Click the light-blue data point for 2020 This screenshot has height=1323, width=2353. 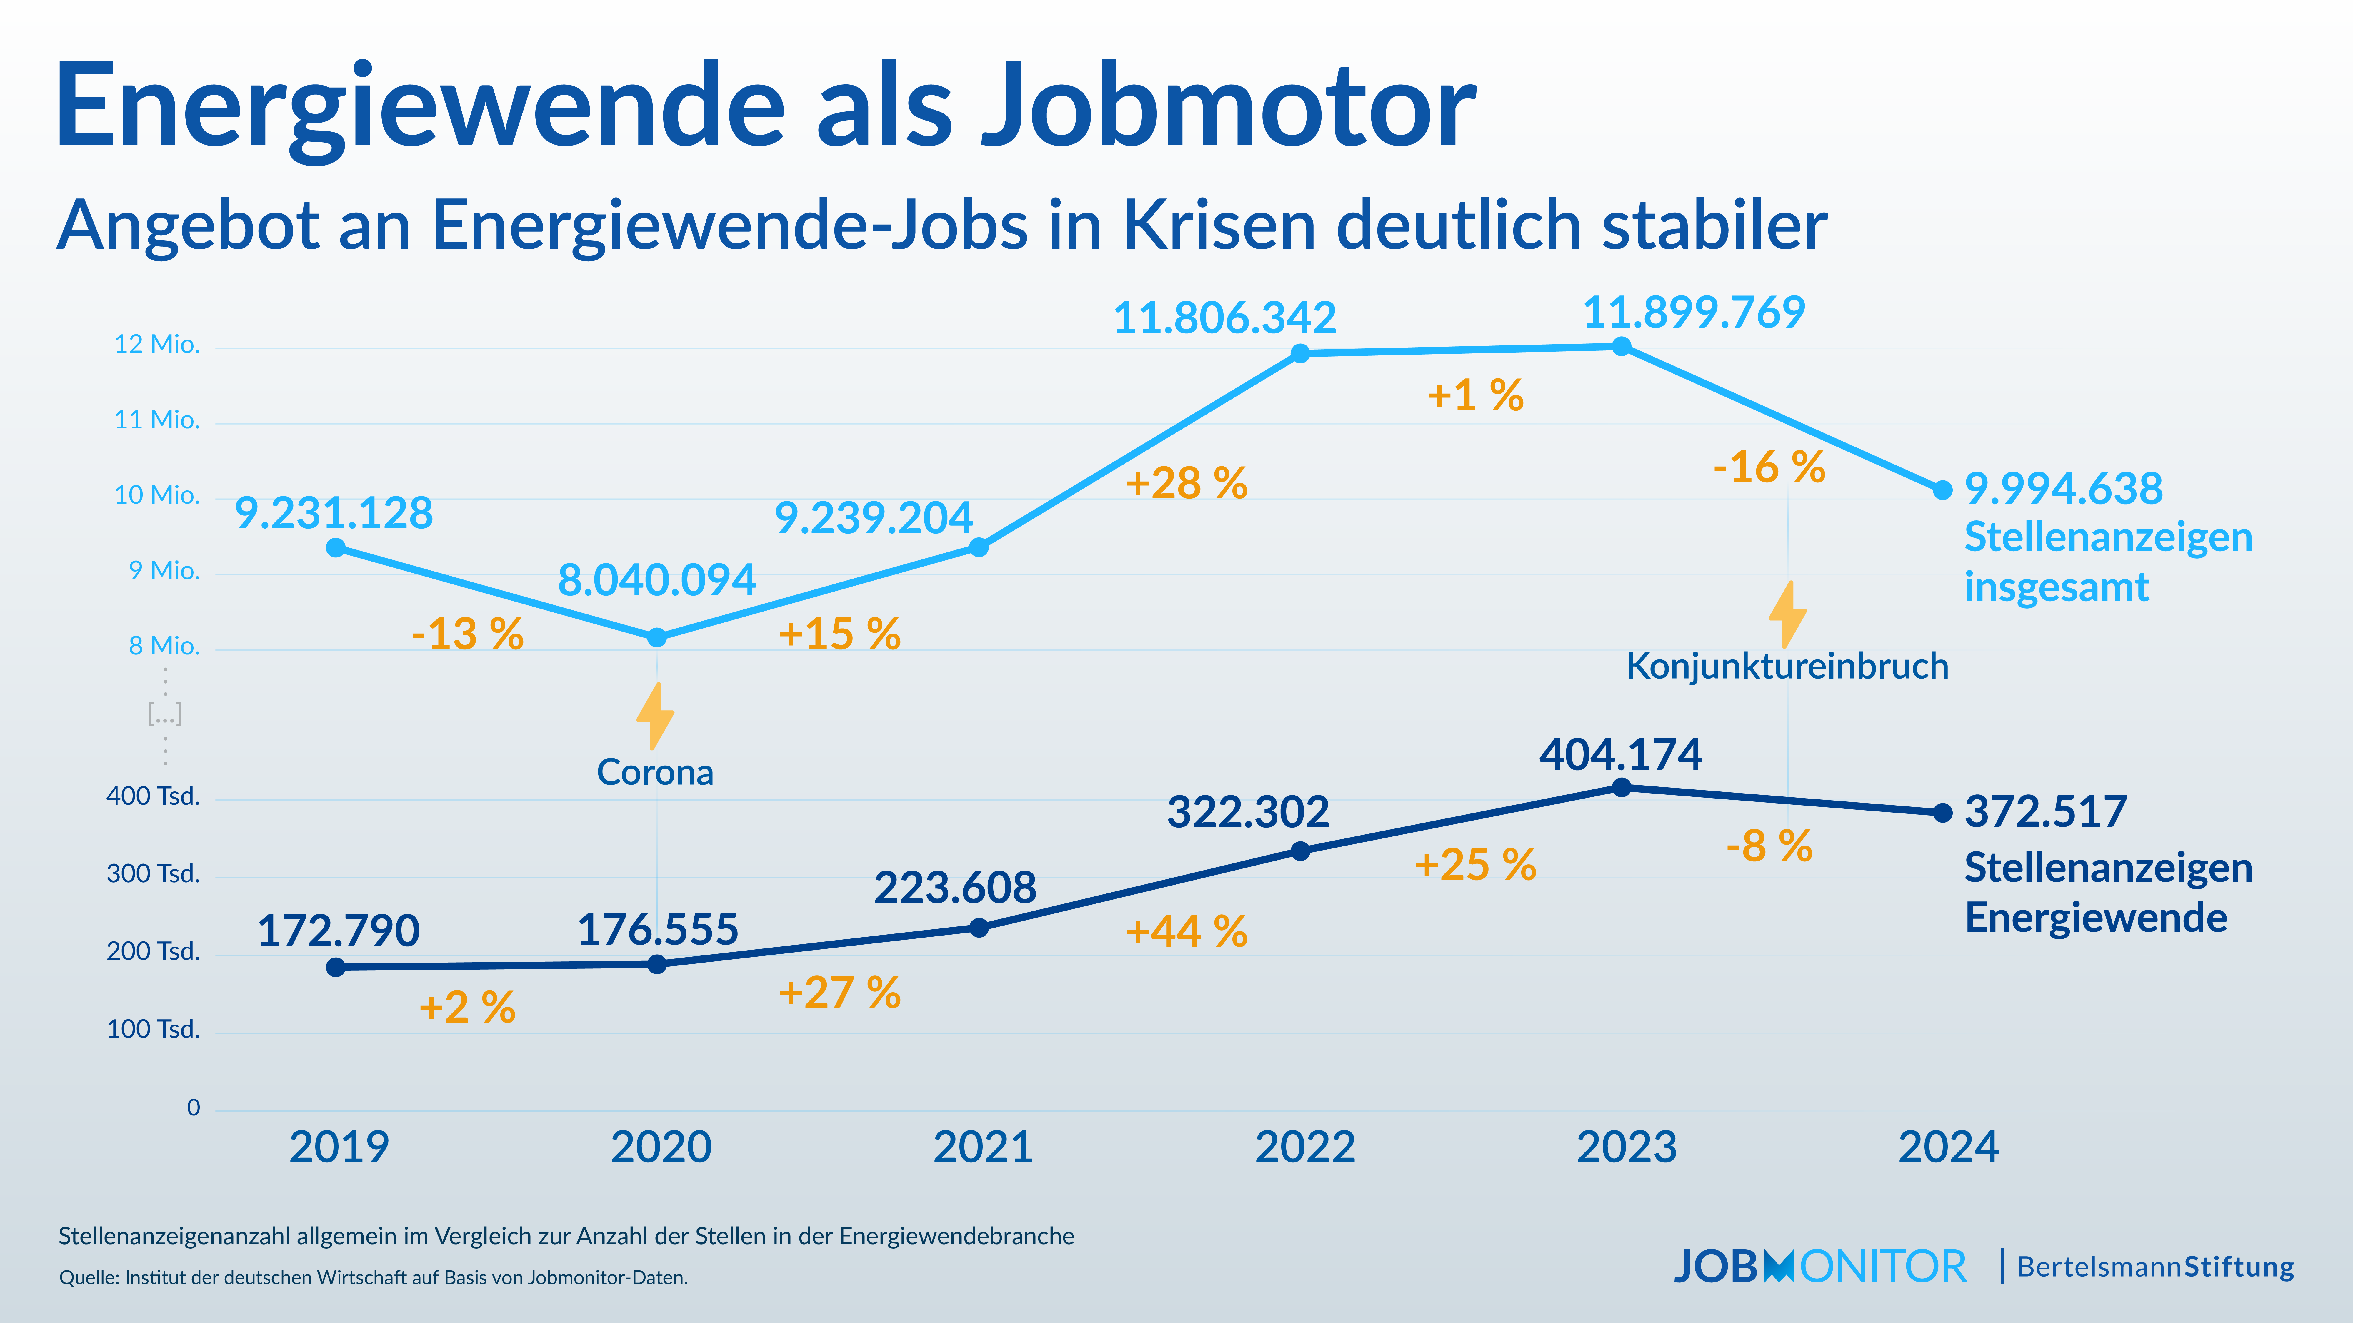657,637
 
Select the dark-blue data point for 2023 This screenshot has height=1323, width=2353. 1621,787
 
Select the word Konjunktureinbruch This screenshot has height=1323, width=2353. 1787,666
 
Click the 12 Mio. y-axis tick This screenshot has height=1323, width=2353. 156,344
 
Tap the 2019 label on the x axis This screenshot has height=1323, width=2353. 339,1147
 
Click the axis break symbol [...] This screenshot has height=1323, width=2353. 165,714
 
